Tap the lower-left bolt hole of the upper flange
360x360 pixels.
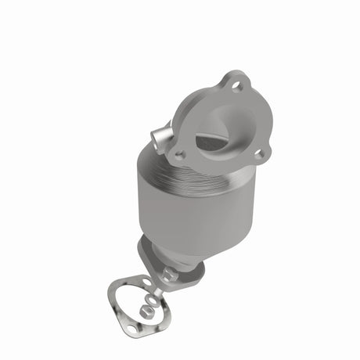(180, 155)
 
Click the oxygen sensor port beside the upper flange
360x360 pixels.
(162, 139)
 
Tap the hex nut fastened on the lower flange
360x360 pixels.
(169, 273)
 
